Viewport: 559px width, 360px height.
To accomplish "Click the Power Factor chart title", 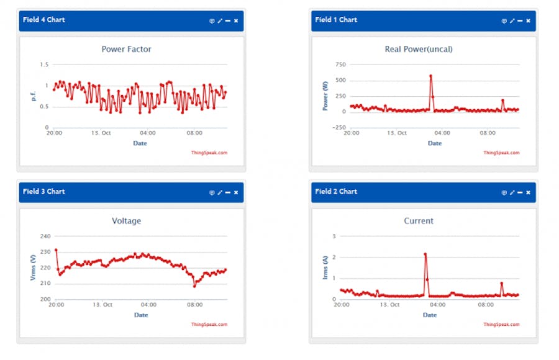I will tap(126, 49).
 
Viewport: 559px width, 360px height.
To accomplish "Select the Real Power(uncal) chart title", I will tap(419, 49).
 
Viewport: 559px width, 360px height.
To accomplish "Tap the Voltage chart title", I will tap(126, 221).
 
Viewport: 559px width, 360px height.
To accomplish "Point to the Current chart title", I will tap(419, 221).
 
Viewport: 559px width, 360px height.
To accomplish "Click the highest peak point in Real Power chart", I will tap(430, 76).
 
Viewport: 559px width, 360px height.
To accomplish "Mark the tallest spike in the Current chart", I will tap(425, 254).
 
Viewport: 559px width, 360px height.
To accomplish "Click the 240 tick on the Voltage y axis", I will tap(45, 236).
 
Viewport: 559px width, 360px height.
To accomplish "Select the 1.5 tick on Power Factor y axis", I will tap(43, 65).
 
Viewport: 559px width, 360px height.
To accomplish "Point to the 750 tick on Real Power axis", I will tap(340, 65).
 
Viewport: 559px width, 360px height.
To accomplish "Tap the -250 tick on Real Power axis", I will tap(339, 128).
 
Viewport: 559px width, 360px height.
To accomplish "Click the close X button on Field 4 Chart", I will tap(236, 20).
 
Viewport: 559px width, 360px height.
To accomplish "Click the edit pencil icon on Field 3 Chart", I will tap(220, 192).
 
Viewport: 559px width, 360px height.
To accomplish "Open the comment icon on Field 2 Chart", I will tap(504, 192).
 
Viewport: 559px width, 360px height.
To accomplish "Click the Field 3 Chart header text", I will tap(43, 192).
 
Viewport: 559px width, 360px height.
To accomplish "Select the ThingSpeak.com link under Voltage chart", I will tap(209, 324).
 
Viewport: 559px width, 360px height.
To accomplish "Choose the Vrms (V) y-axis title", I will tap(33, 268).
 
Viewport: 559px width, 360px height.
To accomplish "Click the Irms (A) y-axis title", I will tap(325, 268).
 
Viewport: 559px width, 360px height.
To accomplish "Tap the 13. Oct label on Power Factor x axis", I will tap(101, 133).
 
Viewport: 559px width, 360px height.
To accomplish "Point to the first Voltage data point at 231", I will tap(56, 250).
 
